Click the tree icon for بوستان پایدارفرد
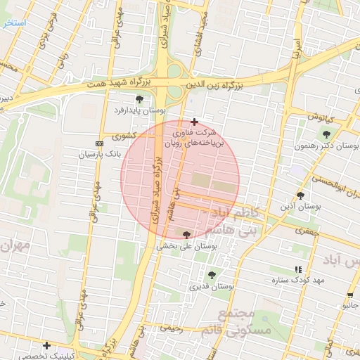click(x=139, y=99)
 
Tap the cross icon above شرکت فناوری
click(x=194, y=122)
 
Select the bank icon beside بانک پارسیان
click(x=98, y=143)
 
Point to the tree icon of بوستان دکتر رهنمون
click(x=326, y=134)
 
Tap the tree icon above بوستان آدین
click(x=300, y=195)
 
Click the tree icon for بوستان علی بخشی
click(x=186, y=235)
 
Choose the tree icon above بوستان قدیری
click(x=212, y=275)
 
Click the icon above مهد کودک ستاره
click(x=299, y=269)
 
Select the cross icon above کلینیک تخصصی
click(x=46, y=345)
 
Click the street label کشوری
click(x=121, y=136)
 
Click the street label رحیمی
click(x=172, y=328)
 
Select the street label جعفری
click(x=307, y=230)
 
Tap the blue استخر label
click(x=14, y=23)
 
